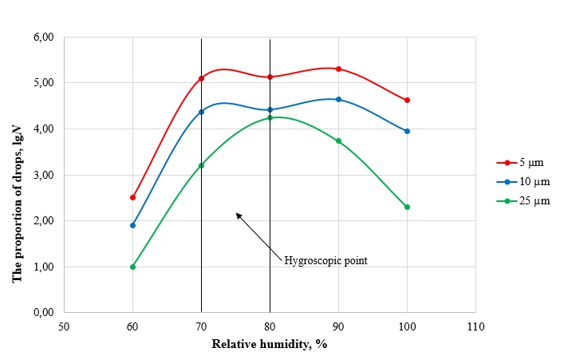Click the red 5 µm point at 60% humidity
[x=132, y=197]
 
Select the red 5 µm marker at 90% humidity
[x=338, y=69]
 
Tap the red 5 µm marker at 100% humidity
[x=407, y=100]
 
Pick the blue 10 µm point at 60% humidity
[x=132, y=225]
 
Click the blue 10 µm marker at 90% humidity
[x=338, y=99]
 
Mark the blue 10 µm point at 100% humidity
[x=407, y=131]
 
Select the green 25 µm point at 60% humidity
[x=132, y=267]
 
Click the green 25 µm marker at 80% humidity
[x=270, y=117]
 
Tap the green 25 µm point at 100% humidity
[x=407, y=207]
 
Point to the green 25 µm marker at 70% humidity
[x=201, y=165]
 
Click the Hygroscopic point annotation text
[x=325, y=259]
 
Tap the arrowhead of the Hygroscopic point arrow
[x=236, y=214]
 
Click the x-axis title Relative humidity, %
[x=269, y=344]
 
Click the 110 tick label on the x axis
[x=475, y=326]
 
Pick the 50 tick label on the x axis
[x=64, y=326]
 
